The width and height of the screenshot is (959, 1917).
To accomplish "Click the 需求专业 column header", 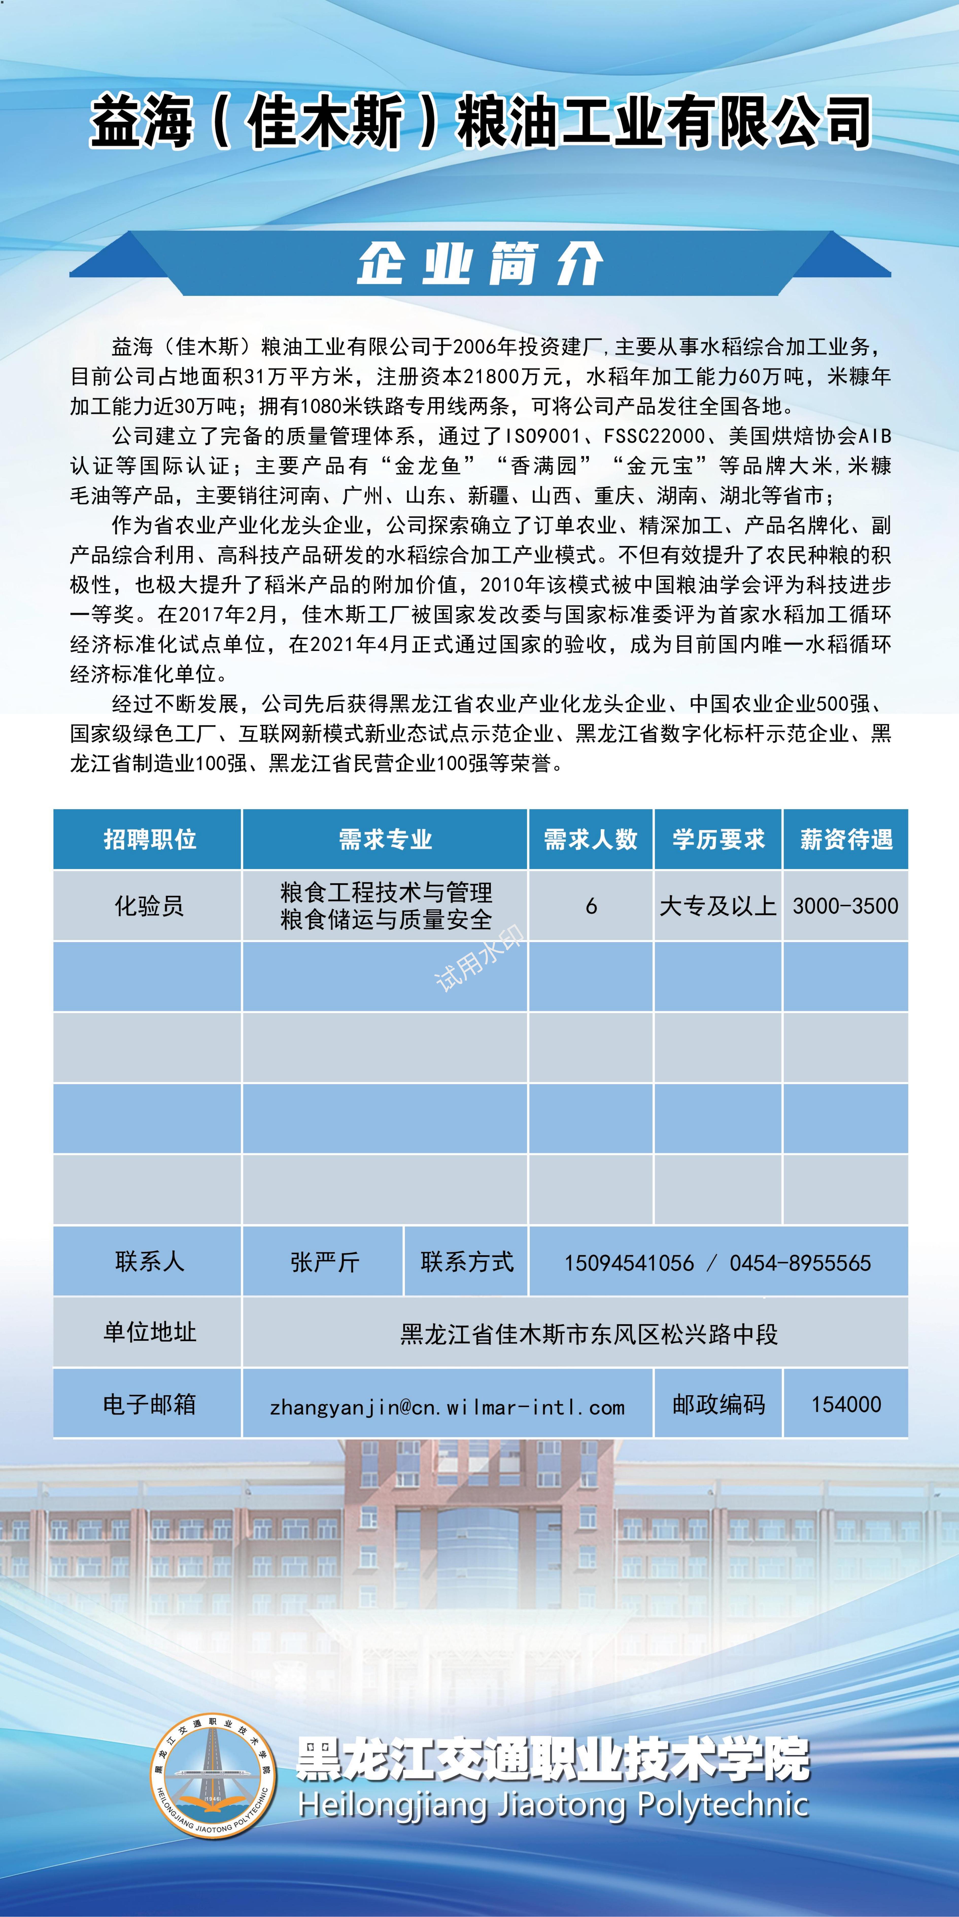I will click(x=385, y=839).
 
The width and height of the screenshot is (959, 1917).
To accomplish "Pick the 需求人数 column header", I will click(x=590, y=839).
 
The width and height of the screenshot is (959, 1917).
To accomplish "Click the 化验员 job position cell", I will click(x=149, y=906).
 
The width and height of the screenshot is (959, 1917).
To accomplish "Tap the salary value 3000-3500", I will click(x=845, y=906).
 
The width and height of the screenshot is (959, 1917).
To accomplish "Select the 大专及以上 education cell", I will click(x=718, y=906).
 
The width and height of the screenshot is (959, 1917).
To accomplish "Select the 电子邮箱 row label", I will click(x=149, y=1404).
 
